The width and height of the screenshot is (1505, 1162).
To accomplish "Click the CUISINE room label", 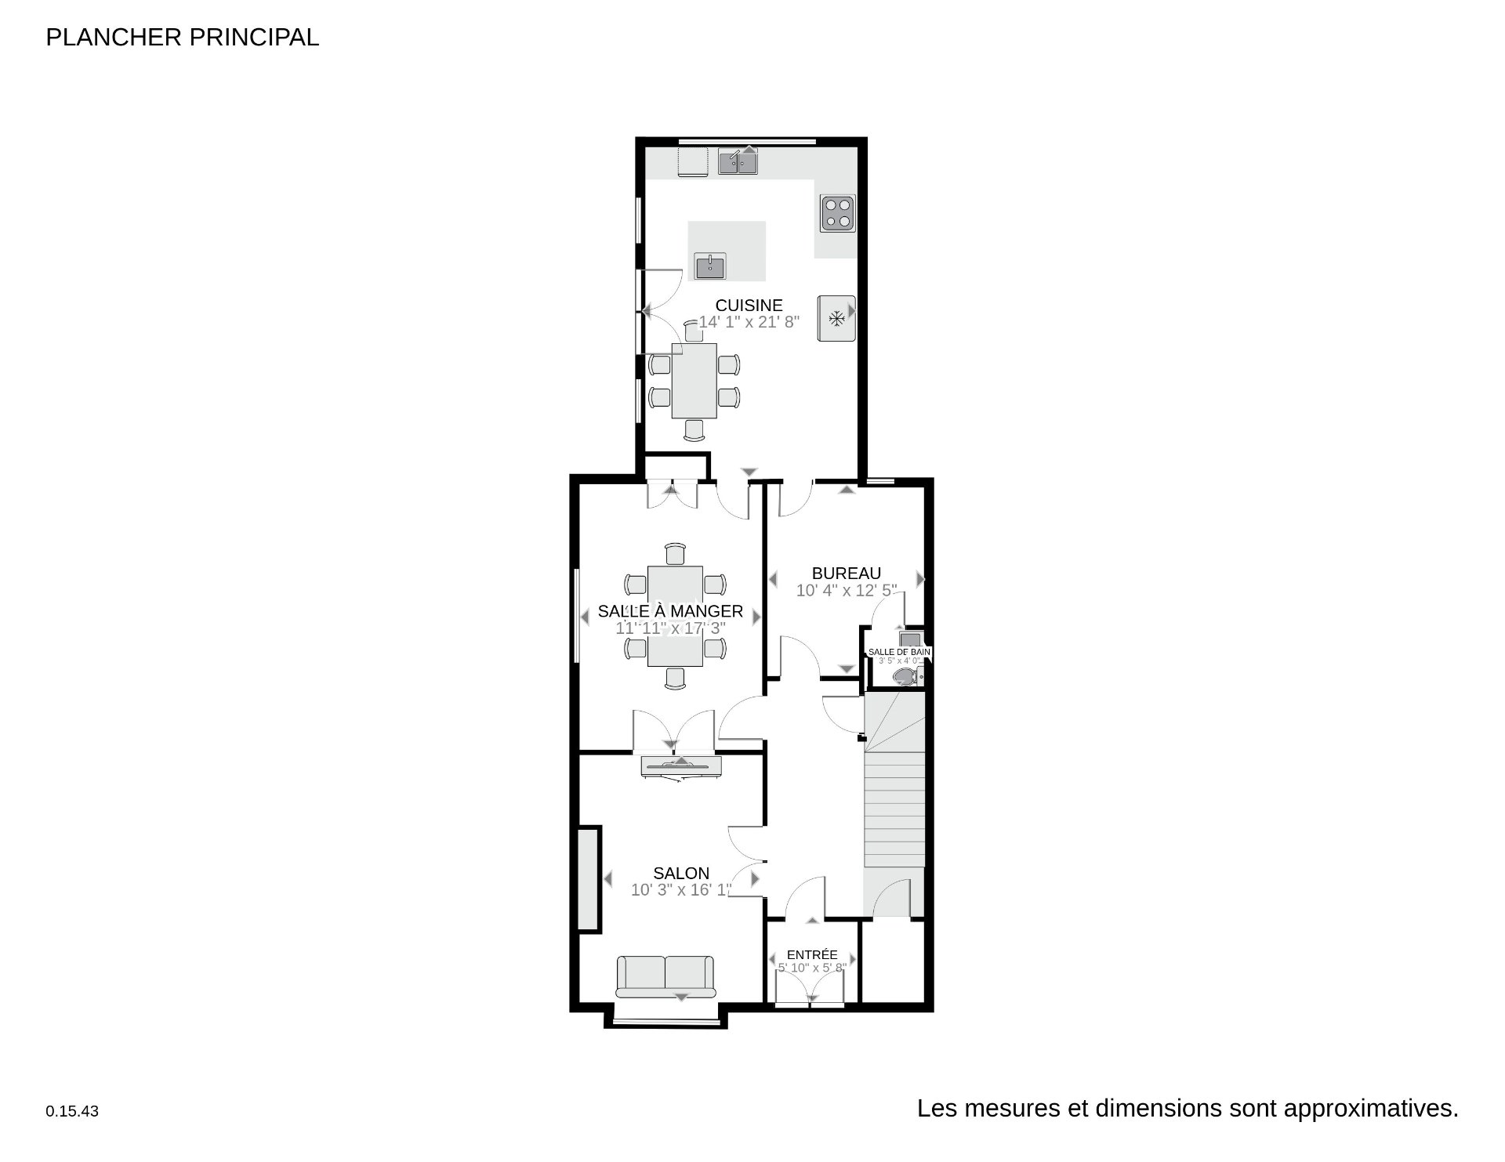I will point(749,306).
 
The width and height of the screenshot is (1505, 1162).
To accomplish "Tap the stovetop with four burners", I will point(837,213).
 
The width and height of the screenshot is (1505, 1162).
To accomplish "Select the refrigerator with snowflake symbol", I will point(836,318).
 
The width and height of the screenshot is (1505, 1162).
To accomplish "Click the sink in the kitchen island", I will point(710,266).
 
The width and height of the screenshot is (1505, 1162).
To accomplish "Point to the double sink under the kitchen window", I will point(738,162).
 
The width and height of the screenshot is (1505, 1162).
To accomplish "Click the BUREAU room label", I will point(846,574).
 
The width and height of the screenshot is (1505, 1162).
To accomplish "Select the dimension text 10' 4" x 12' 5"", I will point(846,591).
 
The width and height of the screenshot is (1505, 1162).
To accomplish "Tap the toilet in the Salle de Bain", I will point(905,676).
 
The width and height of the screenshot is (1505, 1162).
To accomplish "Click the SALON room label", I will point(681,873).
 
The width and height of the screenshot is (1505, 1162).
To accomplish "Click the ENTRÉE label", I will point(812,954).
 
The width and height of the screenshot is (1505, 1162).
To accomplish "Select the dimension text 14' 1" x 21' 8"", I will point(749,322).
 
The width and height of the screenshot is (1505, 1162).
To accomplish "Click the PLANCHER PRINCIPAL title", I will point(183,37).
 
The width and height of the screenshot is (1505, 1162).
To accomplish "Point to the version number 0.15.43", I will point(72,1111).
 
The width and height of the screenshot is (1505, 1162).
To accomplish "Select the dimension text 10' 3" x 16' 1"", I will point(681,890).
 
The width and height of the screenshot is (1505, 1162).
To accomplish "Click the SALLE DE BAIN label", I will point(899,652).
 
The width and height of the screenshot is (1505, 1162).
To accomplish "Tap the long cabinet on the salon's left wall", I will point(588,878).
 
